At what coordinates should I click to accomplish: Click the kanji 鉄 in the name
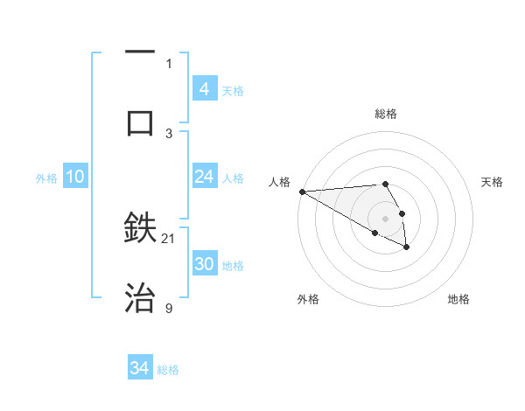tap(140, 227)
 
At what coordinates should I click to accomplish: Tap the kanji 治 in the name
tap(140, 298)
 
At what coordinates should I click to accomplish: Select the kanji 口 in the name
tap(140, 122)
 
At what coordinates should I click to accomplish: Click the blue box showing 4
tap(204, 89)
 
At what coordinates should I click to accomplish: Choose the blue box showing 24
tap(204, 177)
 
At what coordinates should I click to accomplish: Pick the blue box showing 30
tap(204, 264)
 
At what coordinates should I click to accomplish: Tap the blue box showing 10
tap(75, 177)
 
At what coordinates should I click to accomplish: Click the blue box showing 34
tap(139, 368)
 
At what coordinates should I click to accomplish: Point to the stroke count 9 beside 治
tap(169, 308)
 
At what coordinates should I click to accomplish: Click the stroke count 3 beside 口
tap(169, 133)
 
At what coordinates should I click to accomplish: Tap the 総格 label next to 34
tap(168, 370)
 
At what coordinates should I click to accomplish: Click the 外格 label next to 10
tap(46, 178)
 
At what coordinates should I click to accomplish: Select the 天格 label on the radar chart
tap(492, 182)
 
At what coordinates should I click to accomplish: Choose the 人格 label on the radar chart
tap(278, 182)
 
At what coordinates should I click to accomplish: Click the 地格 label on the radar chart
tap(458, 299)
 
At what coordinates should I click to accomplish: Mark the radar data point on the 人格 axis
tap(301, 192)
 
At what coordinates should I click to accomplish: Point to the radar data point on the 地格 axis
tap(407, 247)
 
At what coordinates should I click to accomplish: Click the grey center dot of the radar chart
tap(385, 218)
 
